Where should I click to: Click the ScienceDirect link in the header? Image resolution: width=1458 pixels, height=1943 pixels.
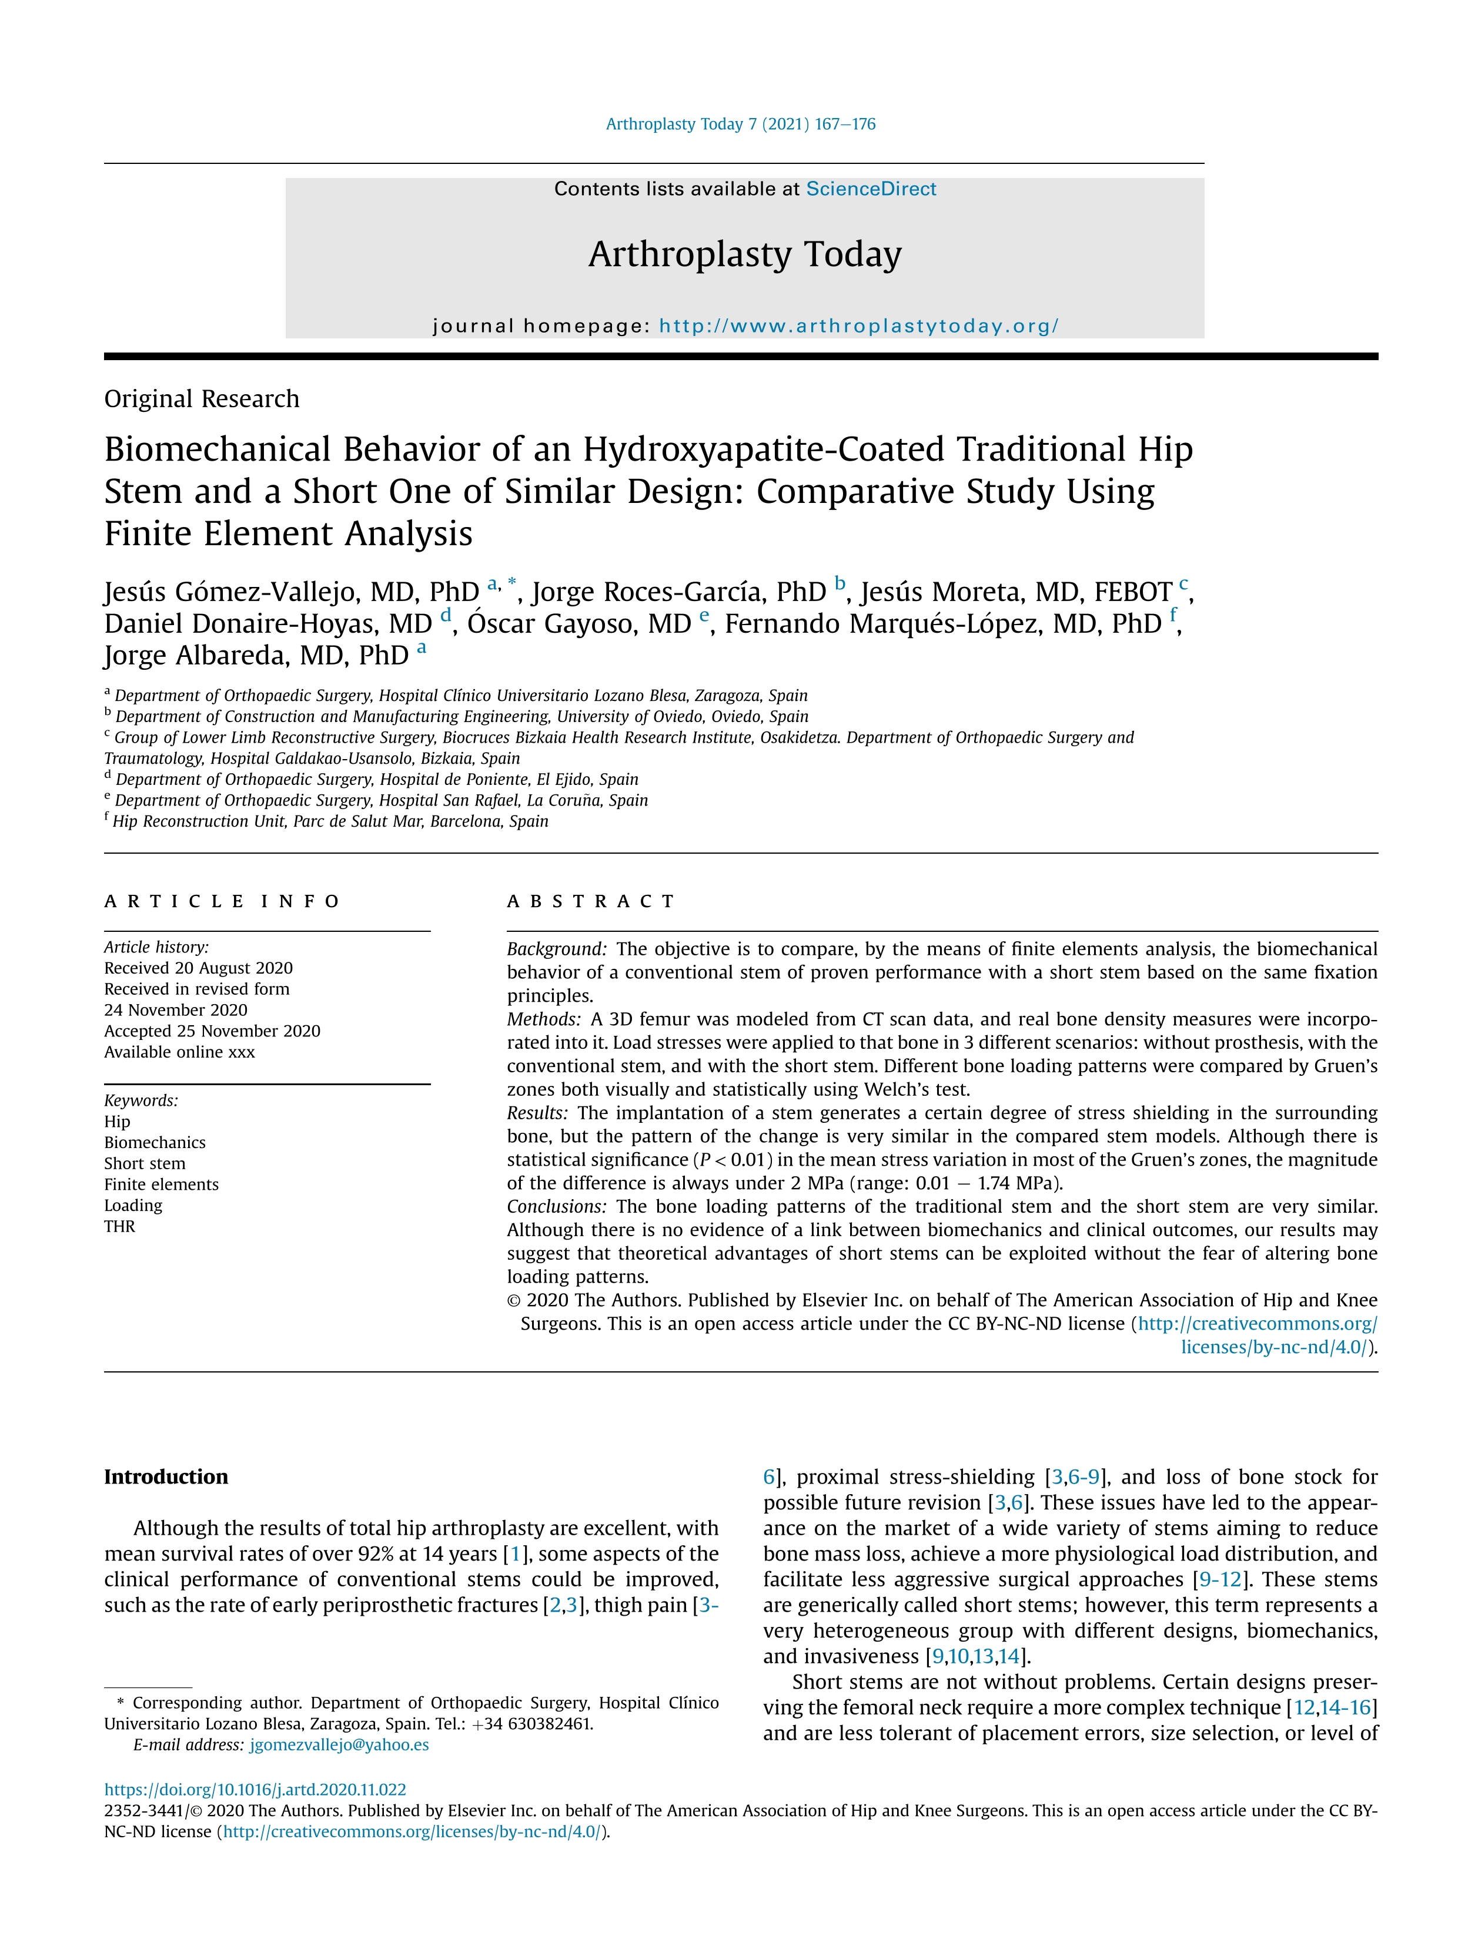[870, 189]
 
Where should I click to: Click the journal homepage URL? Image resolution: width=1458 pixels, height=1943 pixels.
[858, 326]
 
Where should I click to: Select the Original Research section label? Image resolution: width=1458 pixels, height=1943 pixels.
[201, 399]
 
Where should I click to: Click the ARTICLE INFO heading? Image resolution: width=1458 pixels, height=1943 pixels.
[222, 901]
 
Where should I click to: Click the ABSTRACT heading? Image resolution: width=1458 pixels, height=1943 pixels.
[591, 901]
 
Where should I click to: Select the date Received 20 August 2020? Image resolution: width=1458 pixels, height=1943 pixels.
[198, 968]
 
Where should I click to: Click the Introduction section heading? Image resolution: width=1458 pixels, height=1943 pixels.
[166, 1476]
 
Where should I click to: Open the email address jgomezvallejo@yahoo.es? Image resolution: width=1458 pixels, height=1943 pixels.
[339, 1744]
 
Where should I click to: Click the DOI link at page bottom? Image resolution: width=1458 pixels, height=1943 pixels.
[255, 1789]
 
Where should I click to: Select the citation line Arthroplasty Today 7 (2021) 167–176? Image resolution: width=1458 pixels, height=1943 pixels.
[740, 124]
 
